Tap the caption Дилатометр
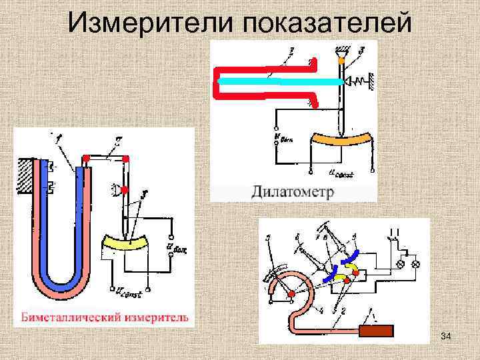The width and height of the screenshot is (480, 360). point(293,192)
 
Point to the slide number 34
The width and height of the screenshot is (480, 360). point(446,341)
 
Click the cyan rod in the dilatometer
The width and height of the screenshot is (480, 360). point(280,81)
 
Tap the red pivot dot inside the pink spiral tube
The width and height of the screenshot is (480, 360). point(292,293)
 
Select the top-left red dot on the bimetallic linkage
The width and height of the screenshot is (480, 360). point(85,159)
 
